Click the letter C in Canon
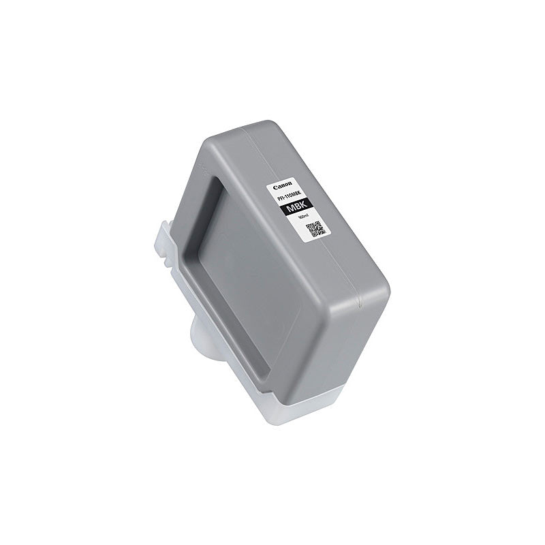[x=275, y=189]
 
